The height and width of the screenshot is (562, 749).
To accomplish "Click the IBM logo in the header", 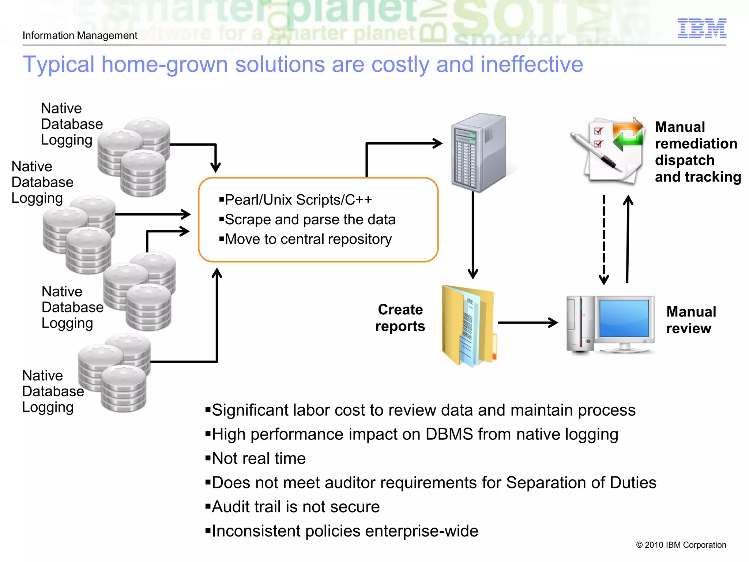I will (x=702, y=28).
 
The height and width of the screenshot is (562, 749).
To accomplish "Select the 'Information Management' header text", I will (x=80, y=35).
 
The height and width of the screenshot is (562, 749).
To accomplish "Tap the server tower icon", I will (x=478, y=153).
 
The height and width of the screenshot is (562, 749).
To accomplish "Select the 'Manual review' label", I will (x=690, y=320).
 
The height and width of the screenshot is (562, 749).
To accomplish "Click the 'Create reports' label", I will (x=400, y=318).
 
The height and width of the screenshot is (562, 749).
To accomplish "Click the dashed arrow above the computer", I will (x=603, y=240).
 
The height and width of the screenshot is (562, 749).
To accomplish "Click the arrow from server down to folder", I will (x=473, y=234).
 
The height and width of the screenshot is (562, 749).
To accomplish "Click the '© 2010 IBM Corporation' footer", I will (x=681, y=545).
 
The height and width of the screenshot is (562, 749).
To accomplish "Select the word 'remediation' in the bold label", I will (x=696, y=144).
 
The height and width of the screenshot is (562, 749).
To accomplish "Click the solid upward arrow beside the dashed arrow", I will (x=628, y=240).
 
